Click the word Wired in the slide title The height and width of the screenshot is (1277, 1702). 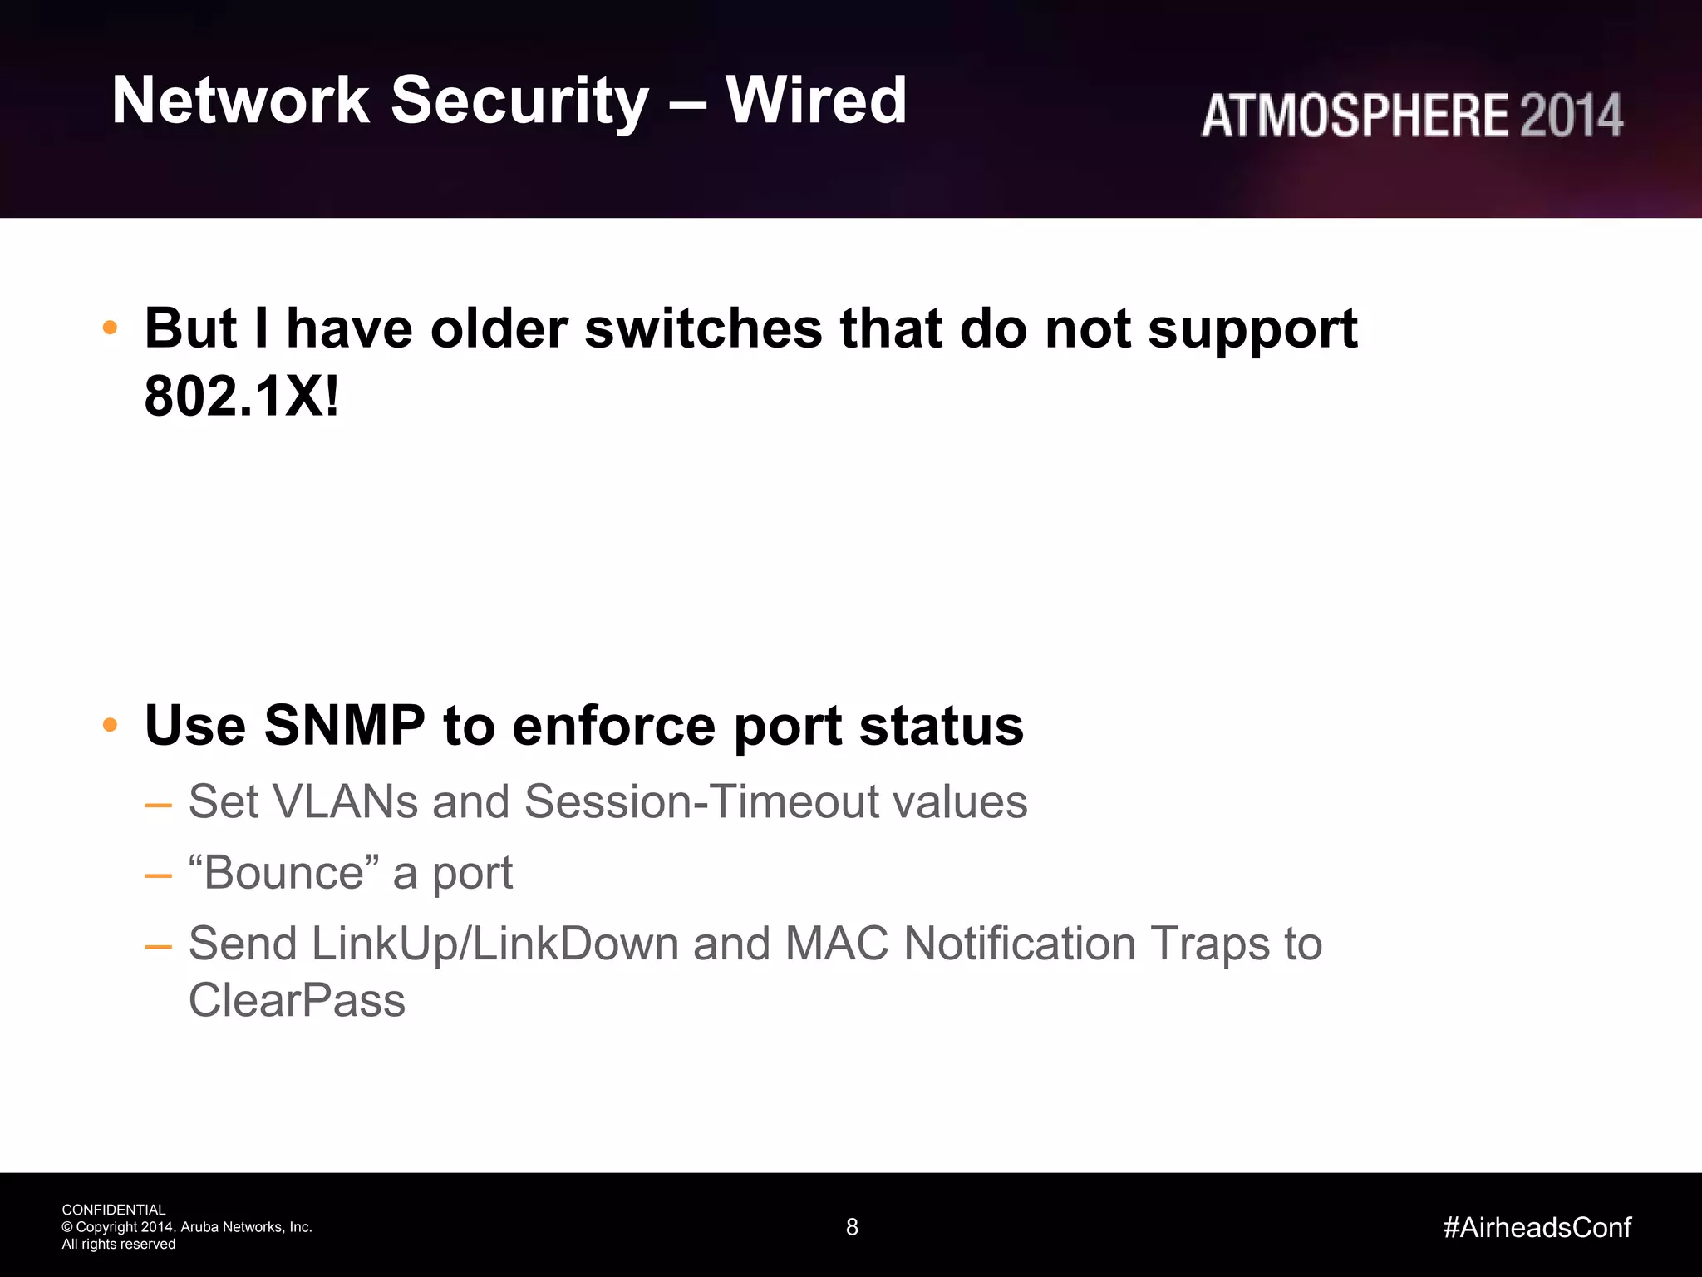pyautogui.click(x=816, y=101)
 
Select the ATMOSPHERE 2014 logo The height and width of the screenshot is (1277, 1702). pyautogui.click(x=1411, y=115)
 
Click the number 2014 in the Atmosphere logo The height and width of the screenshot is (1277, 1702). pyautogui.click(x=1571, y=115)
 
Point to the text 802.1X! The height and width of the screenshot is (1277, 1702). pyautogui.click(x=242, y=397)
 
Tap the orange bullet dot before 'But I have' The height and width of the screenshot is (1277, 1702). pyautogui.click(x=110, y=328)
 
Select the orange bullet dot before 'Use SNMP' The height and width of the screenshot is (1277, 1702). pyautogui.click(x=110, y=725)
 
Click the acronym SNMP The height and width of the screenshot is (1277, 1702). pyautogui.click(x=344, y=725)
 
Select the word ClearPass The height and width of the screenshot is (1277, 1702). pyautogui.click(x=297, y=1000)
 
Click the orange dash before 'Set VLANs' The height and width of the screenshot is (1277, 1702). pyautogui.click(x=158, y=805)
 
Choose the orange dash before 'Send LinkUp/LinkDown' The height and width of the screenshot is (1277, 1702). pyautogui.click(x=158, y=947)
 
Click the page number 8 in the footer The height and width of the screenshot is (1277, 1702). pyautogui.click(x=852, y=1227)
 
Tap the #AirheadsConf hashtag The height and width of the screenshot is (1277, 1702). pyautogui.click(x=1537, y=1227)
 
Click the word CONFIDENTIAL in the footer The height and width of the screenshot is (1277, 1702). pyautogui.click(x=114, y=1210)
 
